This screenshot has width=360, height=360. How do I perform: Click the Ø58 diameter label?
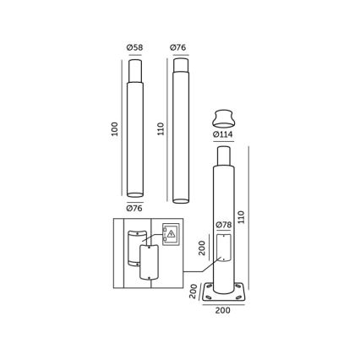click(134, 46)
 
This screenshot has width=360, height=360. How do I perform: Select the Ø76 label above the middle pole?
click(178, 46)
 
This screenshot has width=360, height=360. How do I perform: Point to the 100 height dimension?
click(114, 129)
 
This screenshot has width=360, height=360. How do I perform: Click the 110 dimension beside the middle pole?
click(161, 129)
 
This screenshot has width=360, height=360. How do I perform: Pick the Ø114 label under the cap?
click(222, 134)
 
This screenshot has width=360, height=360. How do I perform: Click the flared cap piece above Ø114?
click(223, 117)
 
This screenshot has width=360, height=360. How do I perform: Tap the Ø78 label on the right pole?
click(223, 225)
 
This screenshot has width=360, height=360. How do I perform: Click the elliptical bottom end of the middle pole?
click(179, 200)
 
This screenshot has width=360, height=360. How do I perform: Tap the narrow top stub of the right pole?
click(223, 155)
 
